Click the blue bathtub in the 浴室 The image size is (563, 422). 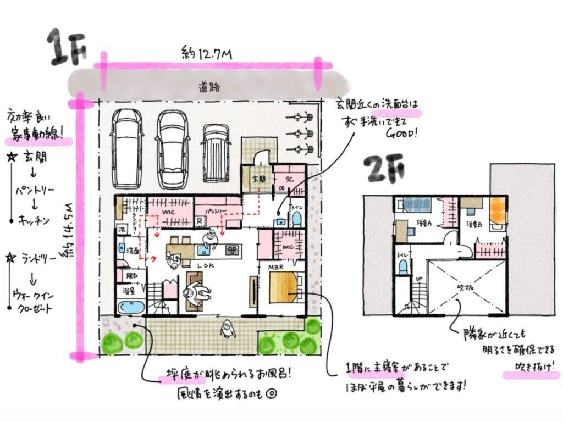(131, 307)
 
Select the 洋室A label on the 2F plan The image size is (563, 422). (423, 224)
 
